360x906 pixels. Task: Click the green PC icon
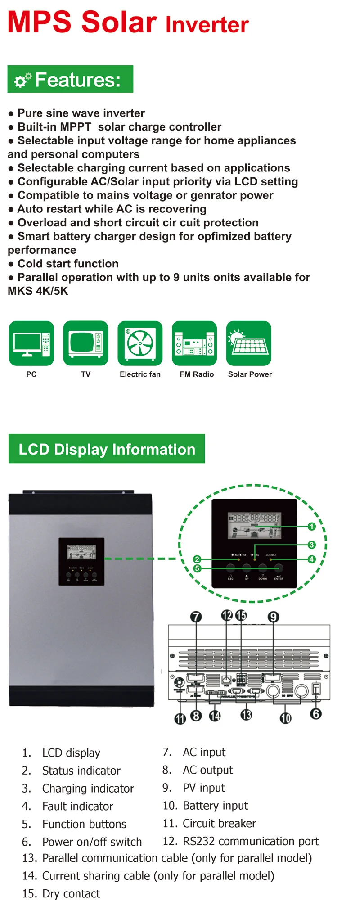(31, 343)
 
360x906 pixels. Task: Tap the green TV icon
(86, 343)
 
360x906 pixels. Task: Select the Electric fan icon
(140, 343)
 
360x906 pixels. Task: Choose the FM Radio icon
(194, 343)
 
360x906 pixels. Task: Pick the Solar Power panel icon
(249, 343)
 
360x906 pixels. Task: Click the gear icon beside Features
(22, 80)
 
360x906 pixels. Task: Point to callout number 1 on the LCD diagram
(311, 526)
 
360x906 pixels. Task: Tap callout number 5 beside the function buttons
(197, 568)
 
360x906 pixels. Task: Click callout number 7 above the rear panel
(196, 617)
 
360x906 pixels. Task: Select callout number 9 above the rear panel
(273, 617)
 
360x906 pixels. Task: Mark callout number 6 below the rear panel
(316, 714)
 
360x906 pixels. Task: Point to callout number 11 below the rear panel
(180, 719)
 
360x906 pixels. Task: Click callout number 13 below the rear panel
(246, 715)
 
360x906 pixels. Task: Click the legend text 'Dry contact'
(71, 894)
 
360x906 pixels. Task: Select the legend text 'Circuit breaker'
(219, 824)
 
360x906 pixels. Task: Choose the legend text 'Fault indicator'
(78, 806)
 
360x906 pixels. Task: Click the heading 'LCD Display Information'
(107, 449)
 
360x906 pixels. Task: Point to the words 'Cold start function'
(68, 264)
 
